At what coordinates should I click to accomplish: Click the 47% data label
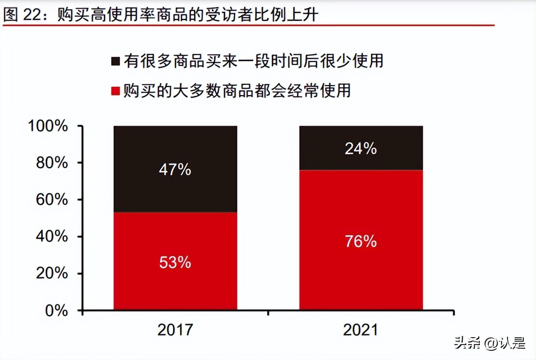point(175,169)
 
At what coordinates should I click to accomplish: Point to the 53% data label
point(175,262)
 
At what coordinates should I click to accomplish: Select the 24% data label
point(361,149)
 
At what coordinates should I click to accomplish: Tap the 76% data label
point(361,241)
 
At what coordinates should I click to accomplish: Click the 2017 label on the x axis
point(175,330)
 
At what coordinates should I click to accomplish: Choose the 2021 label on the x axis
point(361,330)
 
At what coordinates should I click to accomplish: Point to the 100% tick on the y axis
point(48,126)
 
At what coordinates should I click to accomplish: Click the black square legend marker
point(116,61)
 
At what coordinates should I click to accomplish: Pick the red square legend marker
point(116,91)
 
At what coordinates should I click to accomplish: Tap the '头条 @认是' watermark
point(489,343)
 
